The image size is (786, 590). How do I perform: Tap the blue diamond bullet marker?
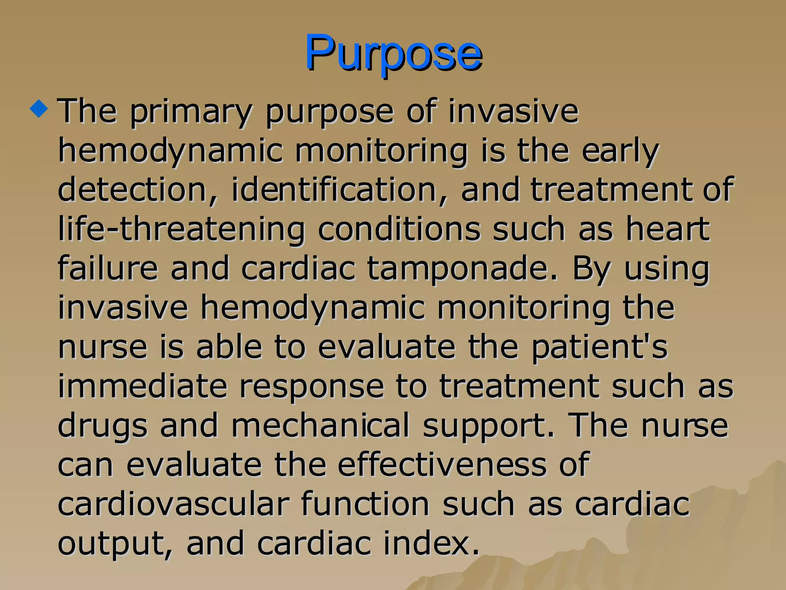click(39, 109)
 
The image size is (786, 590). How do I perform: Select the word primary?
click(190, 112)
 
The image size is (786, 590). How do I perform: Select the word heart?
click(667, 229)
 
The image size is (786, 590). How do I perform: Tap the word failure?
click(108, 268)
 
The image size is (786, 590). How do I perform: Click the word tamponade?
click(462, 268)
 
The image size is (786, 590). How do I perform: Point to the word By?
click(591, 268)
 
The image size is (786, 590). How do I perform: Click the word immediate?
click(142, 386)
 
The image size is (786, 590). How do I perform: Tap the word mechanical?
click(320, 426)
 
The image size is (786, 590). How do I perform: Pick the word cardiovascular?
click(173, 504)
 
